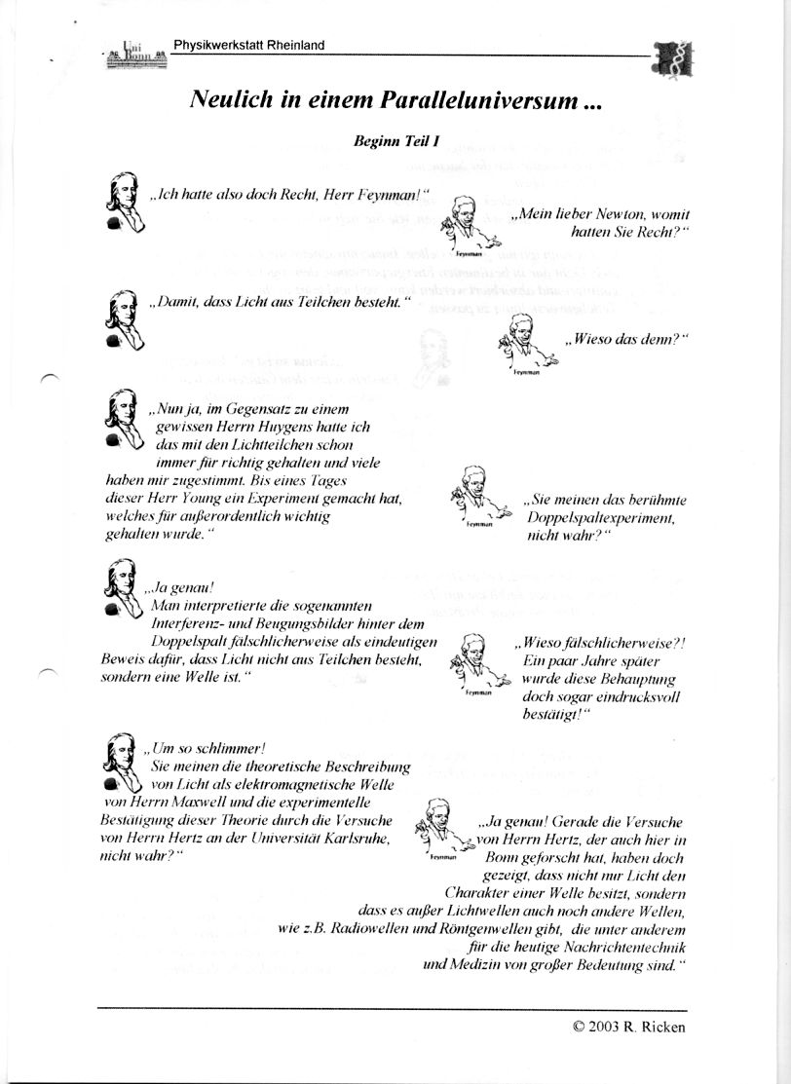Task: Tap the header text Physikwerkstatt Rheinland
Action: click(x=249, y=45)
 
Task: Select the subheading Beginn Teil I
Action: click(x=396, y=140)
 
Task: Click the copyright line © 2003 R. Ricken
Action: click(x=629, y=1027)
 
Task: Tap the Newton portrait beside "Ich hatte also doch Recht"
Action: click(x=125, y=203)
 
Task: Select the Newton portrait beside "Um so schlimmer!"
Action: click(x=123, y=763)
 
